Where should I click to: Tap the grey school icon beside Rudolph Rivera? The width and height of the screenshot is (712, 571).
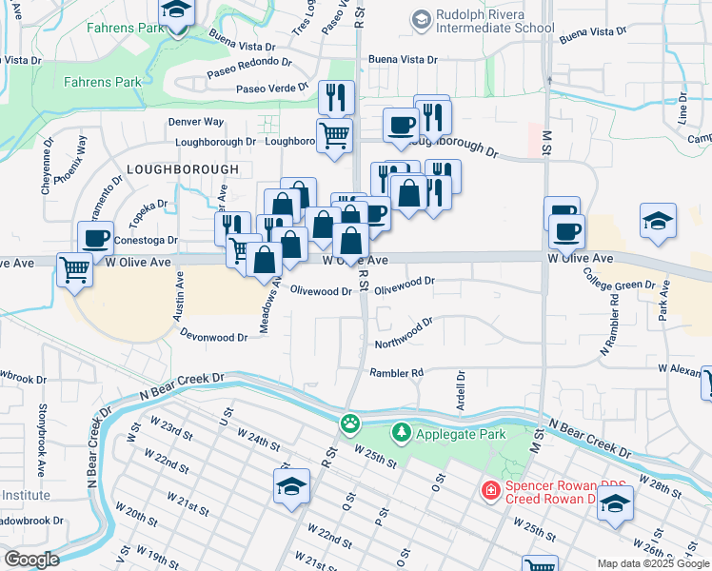pyautogui.click(x=420, y=19)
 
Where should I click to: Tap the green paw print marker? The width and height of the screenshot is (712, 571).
pyautogui.click(x=352, y=422)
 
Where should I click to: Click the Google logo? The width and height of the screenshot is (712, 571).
pyautogui.click(x=30, y=560)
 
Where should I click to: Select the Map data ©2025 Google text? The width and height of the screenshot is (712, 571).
pyautogui.click(x=653, y=563)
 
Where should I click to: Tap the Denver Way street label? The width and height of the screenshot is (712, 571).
pyautogui.click(x=195, y=122)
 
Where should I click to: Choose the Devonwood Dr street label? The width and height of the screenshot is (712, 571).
pyautogui.click(x=214, y=336)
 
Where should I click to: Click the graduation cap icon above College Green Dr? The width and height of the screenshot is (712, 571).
pyautogui.click(x=658, y=221)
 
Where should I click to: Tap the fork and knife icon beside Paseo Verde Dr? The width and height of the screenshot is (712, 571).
pyautogui.click(x=336, y=96)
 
